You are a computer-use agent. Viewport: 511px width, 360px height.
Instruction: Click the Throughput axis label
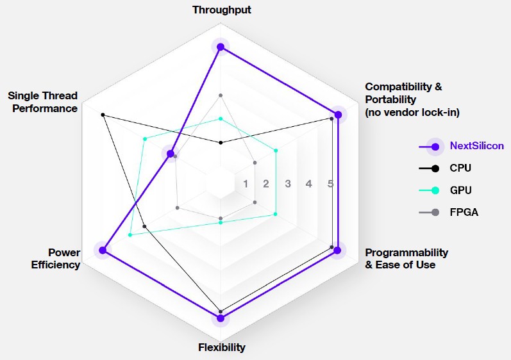pyautogui.click(x=222, y=10)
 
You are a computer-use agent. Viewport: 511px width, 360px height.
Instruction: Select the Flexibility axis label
pyautogui.click(x=222, y=347)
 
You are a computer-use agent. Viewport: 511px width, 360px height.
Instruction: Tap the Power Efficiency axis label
pyautogui.click(x=56, y=258)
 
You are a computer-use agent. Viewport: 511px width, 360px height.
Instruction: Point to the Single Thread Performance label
pyautogui.click(x=43, y=102)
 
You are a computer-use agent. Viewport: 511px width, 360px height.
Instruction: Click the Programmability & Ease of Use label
pyautogui.click(x=406, y=258)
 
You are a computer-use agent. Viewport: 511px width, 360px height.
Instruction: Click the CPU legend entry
pyautogui.click(x=445, y=168)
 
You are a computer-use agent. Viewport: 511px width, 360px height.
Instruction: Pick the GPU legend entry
pyautogui.click(x=445, y=190)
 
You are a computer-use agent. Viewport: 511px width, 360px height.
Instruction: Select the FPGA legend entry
pyautogui.click(x=448, y=212)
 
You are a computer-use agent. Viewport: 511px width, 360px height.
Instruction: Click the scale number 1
pyautogui.click(x=246, y=184)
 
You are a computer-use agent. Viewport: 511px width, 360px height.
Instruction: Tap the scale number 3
pyautogui.click(x=288, y=184)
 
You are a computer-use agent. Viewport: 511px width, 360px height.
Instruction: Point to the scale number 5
pyautogui.click(x=330, y=184)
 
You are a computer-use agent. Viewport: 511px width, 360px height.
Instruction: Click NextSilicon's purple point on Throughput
pyautogui.click(x=221, y=47)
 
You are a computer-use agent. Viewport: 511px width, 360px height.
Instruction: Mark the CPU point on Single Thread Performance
pyautogui.click(x=103, y=115)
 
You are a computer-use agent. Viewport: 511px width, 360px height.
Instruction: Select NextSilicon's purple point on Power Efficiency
pyautogui.click(x=103, y=250)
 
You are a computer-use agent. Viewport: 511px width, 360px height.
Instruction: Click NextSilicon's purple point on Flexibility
pyautogui.click(x=221, y=318)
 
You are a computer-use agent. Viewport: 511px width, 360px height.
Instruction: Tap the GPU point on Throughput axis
pyautogui.click(x=221, y=119)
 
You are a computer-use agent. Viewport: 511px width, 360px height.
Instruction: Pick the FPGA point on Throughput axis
pyautogui.click(x=221, y=95)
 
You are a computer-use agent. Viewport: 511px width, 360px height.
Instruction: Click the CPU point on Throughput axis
pyautogui.click(x=221, y=143)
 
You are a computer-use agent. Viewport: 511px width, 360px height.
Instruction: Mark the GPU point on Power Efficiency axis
pyautogui.click(x=130, y=234)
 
